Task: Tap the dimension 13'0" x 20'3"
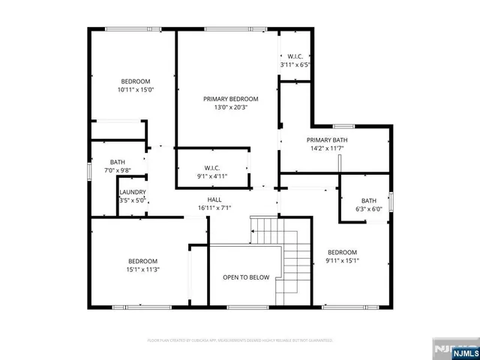click(x=230, y=107)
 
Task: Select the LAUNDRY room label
click(x=133, y=193)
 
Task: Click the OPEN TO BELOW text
click(x=246, y=277)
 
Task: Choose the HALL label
click(x=214, y=199)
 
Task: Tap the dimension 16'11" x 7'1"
click(x=214, y=208)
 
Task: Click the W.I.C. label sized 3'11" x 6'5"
click(x=295, y=56)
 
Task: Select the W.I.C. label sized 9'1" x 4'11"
click(x=211, y=168)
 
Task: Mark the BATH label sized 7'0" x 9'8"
click(x=118, y=162)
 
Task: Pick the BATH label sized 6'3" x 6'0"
click(x=368, y=200)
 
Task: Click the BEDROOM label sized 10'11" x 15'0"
click(x=135, y=81)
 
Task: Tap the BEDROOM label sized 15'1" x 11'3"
click(x=142, y=261)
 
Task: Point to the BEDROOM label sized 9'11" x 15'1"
click(x=342, y=253)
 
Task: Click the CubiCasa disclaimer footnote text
click(x=240, y=340)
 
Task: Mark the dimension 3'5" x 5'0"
click(x=133, y=200)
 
